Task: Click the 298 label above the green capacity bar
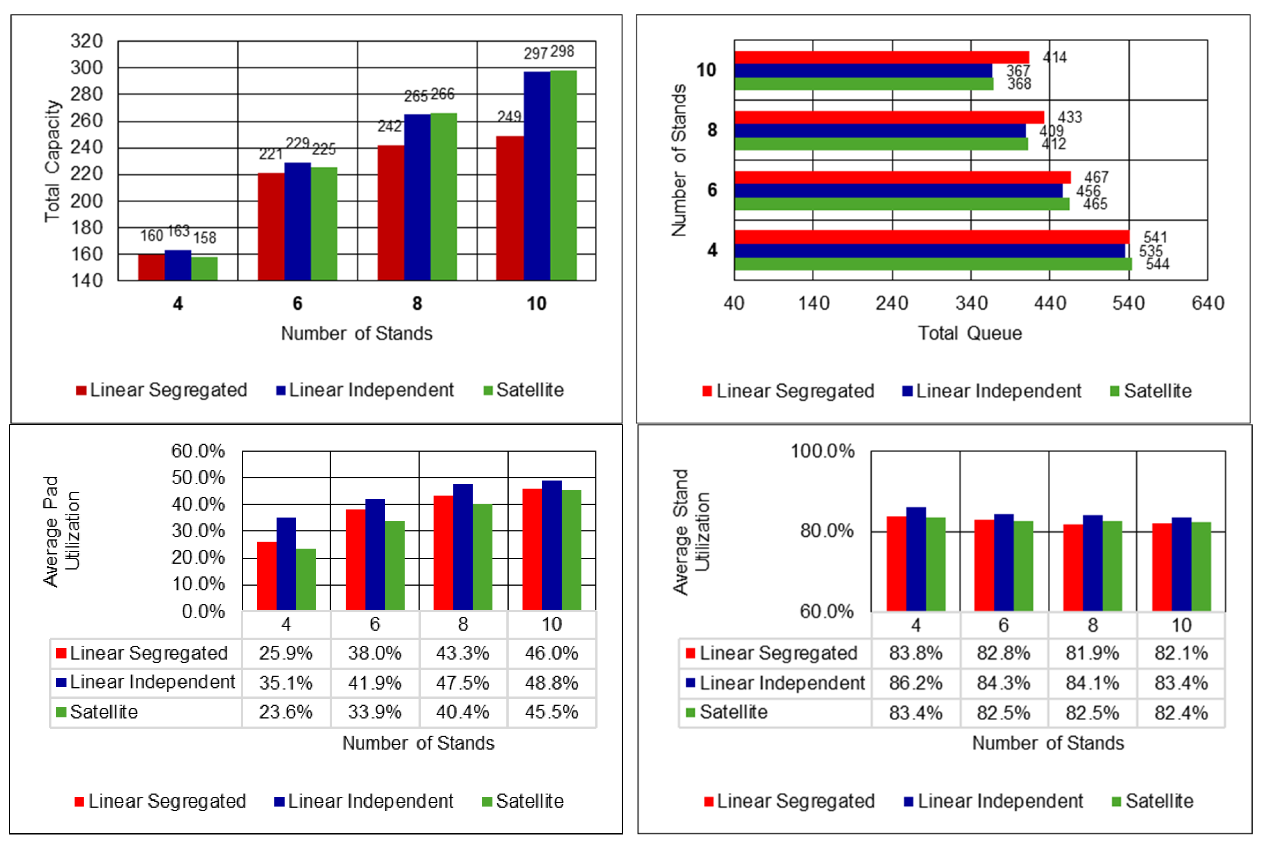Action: pyautogui.click(x=562, y=52)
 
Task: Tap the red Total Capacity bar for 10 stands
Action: pyautogui.click(x=509, y=208)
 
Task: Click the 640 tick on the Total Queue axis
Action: pyautogui.click(x=1207, y=303)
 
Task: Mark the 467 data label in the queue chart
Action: pyautogui.click(x=1096, y=177)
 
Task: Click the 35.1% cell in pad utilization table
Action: pyautogui.click(x=286, y=683)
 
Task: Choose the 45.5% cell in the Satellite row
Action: pyautogui.click(x=551, y=712)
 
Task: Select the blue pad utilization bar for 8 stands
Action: pyautogui.click(x=463, y=547)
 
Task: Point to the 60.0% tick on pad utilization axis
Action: pyautogui.click(x=198, y=451)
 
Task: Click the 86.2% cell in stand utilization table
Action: pyautogui.click(x=915, y=683)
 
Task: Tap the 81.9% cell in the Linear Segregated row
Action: pyautogui.click(x=1092, y=653)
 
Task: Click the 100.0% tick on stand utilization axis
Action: pyautogui.click(x=822, y=451)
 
